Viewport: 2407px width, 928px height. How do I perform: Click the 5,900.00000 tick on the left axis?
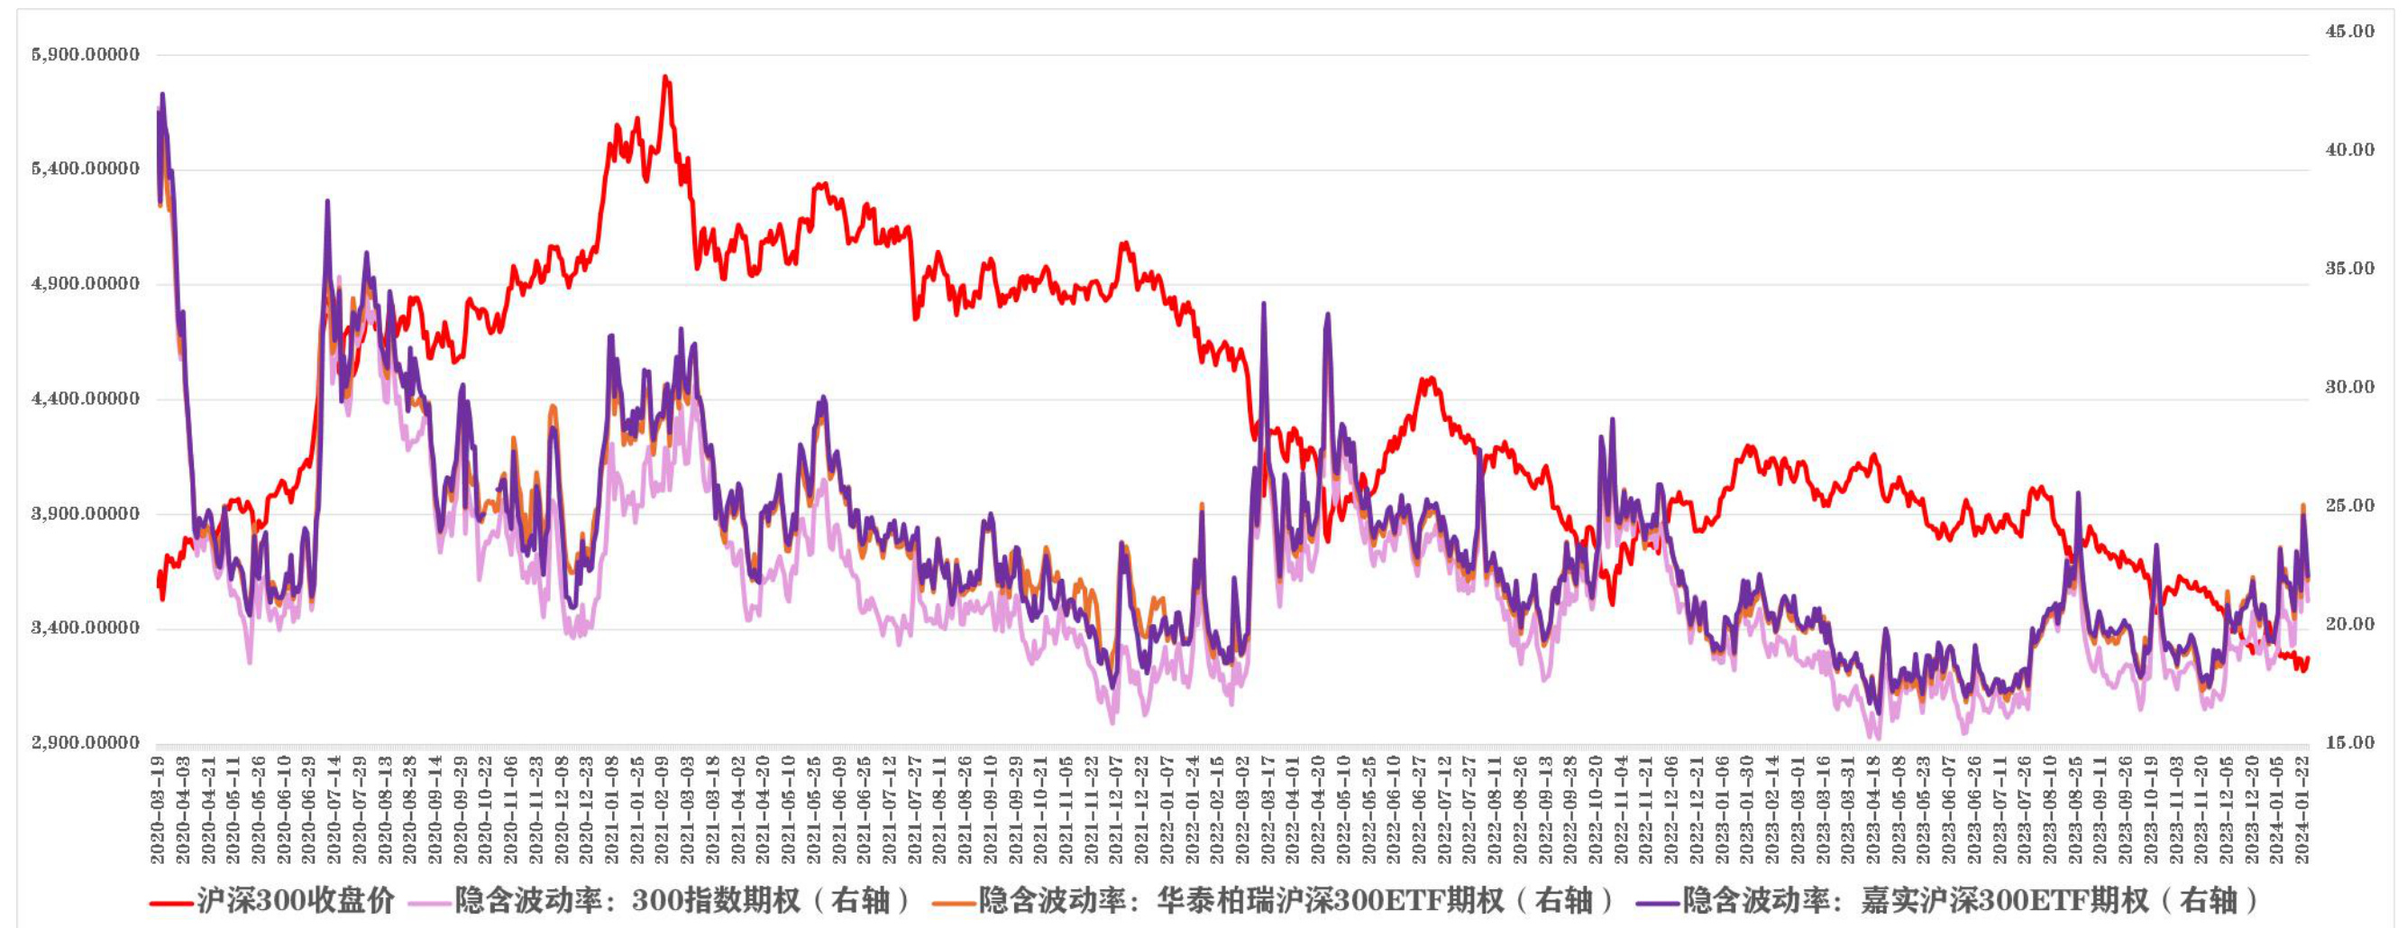pos(86,54)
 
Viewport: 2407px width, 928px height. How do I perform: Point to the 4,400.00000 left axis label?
pos(86,399)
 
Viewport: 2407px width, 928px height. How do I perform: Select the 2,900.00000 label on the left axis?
pos(86,743)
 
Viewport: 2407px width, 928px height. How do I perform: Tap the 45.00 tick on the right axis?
pos(2349,31)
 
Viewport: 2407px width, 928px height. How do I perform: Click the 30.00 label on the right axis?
pos(2349,387)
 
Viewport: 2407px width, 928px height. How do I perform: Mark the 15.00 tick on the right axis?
pos(2349,743)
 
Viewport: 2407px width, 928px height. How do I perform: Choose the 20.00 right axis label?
pos(2349,624)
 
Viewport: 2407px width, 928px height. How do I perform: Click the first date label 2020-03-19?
pos(158,810)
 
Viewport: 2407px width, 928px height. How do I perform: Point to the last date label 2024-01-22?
pos(2302,810)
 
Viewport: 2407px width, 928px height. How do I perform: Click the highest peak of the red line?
pos(665,77)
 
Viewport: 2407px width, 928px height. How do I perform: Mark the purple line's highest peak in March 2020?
pos(162,94)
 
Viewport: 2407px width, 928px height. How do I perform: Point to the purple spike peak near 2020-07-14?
pos(327,201)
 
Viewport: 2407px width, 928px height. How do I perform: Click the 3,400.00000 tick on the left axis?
pos(86,628)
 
